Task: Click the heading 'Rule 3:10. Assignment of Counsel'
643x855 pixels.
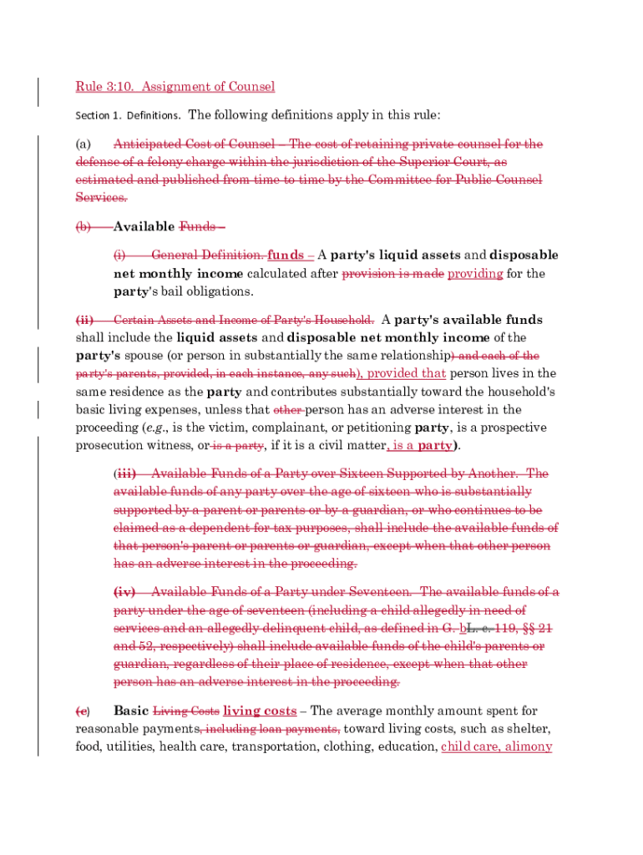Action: pyautogui.click(x=175, y=87)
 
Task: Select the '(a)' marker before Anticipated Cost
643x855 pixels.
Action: pyautogui.click(x=83, y=144)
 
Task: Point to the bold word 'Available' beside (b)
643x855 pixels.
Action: pyautogui.click(x=144, y=226)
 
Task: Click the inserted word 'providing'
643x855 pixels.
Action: pyautogui.click(x=475, y=274)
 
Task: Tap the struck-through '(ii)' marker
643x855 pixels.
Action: pyautogui.click(x=85, y=320)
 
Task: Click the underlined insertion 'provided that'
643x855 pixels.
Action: pyautogui.click(x=407, y=373)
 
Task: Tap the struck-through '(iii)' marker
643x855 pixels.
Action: pyautogui.click(x=124, y=473)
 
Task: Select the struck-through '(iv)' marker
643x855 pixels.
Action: pyautogui.click(x=124, y=592)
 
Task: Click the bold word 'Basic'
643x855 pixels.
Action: pyautogui.click(x=131, y=711)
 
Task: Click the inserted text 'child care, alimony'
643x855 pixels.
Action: pyautogui.click(x=496, y=746)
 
